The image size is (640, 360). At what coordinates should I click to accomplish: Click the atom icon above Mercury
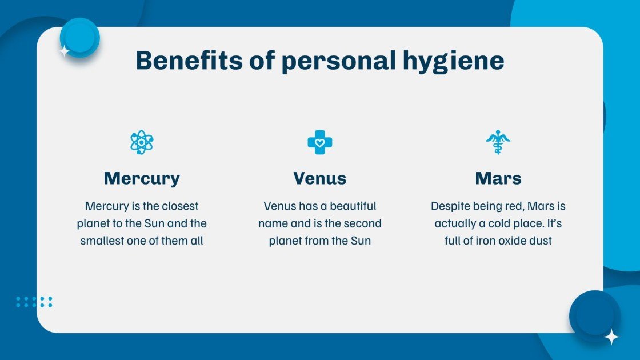pos(141,142)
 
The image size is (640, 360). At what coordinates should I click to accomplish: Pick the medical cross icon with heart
pos(320,142)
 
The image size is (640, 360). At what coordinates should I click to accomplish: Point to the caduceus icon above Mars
pos(498,142)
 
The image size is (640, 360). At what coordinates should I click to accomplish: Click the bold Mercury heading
pos(142,178)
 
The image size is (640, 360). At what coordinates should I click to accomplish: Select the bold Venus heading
pos(320,178)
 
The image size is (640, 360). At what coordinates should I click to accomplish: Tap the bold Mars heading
pos(498,178)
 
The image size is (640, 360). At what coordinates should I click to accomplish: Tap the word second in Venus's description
pos(362,223)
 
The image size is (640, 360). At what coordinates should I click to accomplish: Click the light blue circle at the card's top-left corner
pos(79,37)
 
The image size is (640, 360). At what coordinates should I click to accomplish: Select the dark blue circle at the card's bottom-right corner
pos(594,315)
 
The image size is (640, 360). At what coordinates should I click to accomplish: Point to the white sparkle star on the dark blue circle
pos(611,337)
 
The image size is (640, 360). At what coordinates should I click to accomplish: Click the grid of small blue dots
pos(34,302)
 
